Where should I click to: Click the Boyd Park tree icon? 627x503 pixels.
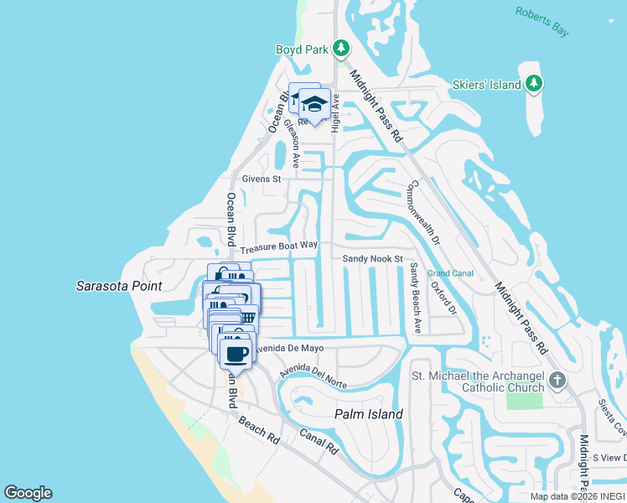[x=341, y=49]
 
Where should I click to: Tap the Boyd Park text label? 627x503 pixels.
[x=303, y=49]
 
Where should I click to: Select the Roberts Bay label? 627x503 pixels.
[x=541, y=22]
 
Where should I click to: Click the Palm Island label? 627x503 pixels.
[x=369, y=414]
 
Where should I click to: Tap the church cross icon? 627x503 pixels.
[x=557, y=382]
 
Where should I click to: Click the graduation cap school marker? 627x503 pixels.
[x=315, y=104]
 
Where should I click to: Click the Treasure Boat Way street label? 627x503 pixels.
[x=279, y=247]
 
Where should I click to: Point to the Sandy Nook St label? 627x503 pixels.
[x=373, y=259]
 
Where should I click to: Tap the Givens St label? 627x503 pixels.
[x=262, y=179]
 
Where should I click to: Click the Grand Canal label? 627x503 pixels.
[x=450, y=273]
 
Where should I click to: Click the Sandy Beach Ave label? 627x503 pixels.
[x=415, y=297]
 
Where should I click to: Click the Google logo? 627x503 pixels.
[x=28, y=493]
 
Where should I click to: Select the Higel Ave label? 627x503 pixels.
[x=335, y=113]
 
